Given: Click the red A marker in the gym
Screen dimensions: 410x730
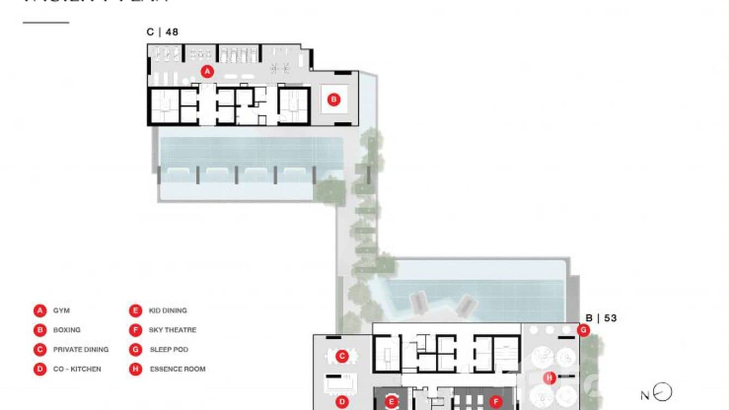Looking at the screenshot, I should coord(207,71).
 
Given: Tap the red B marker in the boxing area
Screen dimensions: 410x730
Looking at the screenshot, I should coord(334,100).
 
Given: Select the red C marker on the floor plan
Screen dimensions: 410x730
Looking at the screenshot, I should coord(342,357).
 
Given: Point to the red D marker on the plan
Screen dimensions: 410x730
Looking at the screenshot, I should coord(342,402).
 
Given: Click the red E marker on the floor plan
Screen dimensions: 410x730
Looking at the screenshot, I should coord(391,402).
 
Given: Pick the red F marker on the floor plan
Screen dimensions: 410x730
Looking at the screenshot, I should coord(496,402).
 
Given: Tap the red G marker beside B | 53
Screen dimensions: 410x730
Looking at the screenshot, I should coord(584,330).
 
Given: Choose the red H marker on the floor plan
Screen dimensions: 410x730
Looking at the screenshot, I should coord(549,378).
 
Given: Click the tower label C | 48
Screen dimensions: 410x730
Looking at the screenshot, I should coord(162,32).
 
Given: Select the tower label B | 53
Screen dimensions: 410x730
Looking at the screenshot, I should coord(601,318).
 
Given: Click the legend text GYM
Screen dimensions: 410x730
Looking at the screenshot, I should coord(61,310).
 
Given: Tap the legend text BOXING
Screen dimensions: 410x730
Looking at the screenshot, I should coord(66,330).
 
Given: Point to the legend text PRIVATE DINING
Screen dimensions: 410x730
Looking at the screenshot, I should coord(81,349).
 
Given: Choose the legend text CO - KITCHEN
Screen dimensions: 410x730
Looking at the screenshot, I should coord(77,369).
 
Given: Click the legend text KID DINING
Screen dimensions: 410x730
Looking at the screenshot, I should coord(168,310).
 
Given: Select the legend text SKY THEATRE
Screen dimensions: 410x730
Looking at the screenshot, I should coord(172,330).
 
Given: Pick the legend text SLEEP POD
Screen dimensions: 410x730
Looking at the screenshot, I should coord(169,349).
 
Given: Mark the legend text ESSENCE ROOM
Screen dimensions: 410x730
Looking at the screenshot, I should coord(177,369).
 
